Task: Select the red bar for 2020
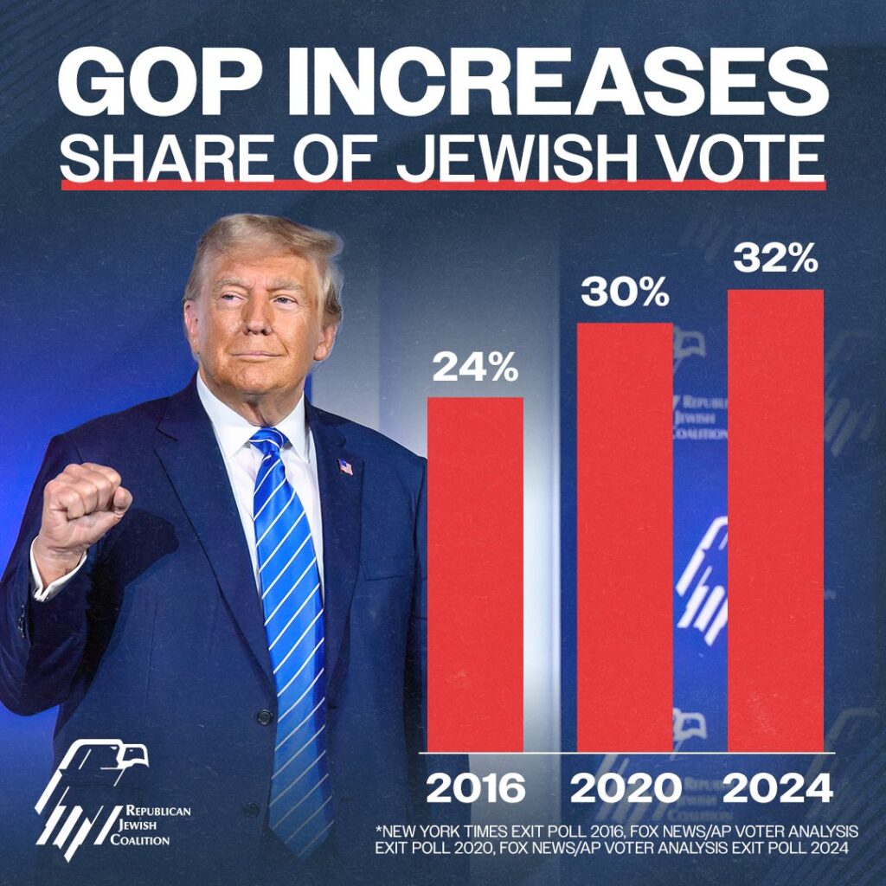click(624, 536)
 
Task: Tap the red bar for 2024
click(775, 519)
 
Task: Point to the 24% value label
click(475, 369)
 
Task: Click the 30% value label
click(624, 293)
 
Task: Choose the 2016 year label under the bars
click(475, 788)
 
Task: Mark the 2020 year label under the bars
click(624, 788)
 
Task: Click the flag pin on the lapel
click(345, 467)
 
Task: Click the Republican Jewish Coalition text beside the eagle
click(157, 825)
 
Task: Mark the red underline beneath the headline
click(442, 184)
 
